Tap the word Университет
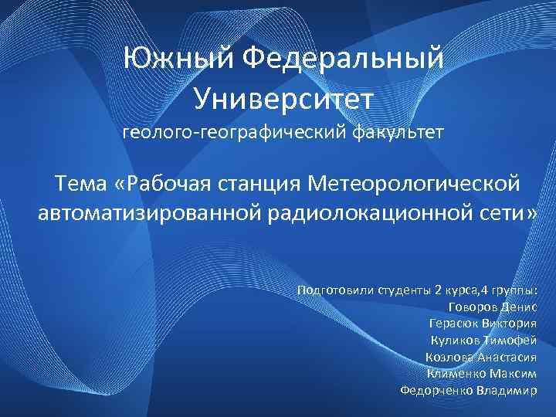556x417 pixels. pos(283,98)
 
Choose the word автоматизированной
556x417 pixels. pos(149,212)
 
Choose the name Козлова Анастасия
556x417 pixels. pos(480,357)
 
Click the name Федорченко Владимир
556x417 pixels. pos(468,391)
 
